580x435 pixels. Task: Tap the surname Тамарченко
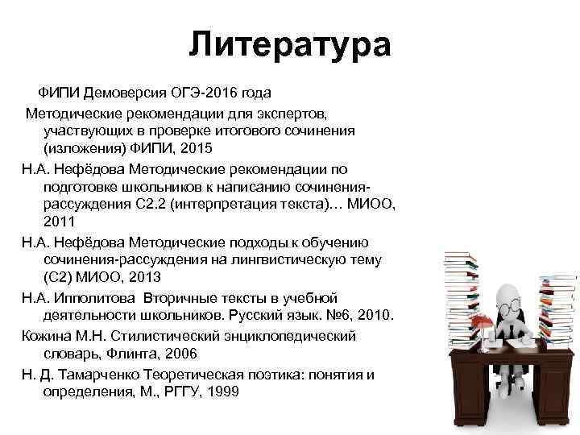(101, 373)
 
